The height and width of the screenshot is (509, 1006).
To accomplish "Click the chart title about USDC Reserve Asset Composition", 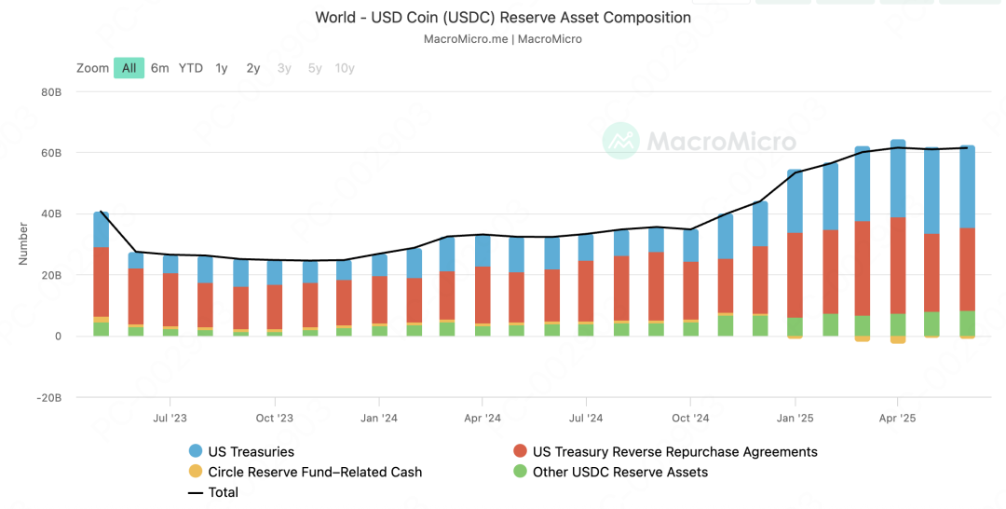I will (503, 18).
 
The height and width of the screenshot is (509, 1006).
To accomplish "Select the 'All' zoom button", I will (129, 68).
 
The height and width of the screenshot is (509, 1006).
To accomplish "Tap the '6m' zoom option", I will (160, 68).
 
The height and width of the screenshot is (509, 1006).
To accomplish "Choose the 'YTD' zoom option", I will (191, 68).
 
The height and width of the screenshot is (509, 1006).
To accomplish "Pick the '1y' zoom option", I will (222, 68).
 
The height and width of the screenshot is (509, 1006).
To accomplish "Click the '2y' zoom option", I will (253, 68).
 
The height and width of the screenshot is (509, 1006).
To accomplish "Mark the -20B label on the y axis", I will (48, 397).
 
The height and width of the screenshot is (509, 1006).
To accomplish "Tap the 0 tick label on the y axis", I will (57, 336).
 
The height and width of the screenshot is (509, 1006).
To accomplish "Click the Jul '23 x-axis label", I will (169, 419).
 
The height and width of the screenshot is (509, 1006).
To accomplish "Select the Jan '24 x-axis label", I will (378, 419).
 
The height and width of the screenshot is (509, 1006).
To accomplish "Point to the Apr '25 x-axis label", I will (898, 419).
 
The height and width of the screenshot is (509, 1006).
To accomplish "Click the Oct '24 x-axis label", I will (690, 419).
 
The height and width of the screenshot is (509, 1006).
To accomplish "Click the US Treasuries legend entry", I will (251, 452).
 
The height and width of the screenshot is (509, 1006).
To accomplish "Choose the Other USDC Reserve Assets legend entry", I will (619, 473).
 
